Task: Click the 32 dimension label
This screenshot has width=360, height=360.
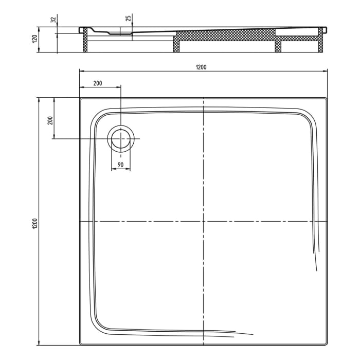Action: [53, 20]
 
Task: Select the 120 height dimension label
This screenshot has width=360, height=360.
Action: [34, 39]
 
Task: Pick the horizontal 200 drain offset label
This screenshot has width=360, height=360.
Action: [98, 83]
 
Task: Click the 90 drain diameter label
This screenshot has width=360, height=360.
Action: [120, 165]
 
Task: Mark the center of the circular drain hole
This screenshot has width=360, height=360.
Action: [121, 139]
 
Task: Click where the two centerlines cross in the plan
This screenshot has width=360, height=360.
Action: [204, 221]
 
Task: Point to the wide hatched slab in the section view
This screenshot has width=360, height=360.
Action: [226, 36]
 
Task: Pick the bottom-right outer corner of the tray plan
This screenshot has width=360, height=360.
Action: [328, 345]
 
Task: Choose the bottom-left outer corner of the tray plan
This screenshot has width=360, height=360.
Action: [80, 345]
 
